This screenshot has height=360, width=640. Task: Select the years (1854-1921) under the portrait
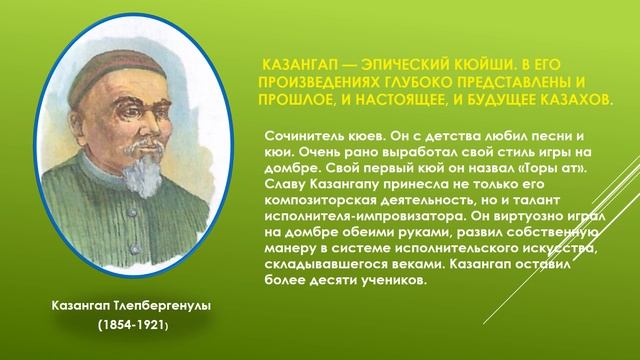pos(132,327)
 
